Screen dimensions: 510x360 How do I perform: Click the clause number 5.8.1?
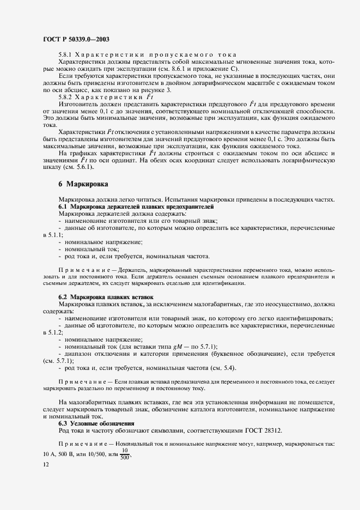65,55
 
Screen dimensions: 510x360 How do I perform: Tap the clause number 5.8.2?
65,96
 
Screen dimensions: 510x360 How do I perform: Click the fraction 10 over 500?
124,454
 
